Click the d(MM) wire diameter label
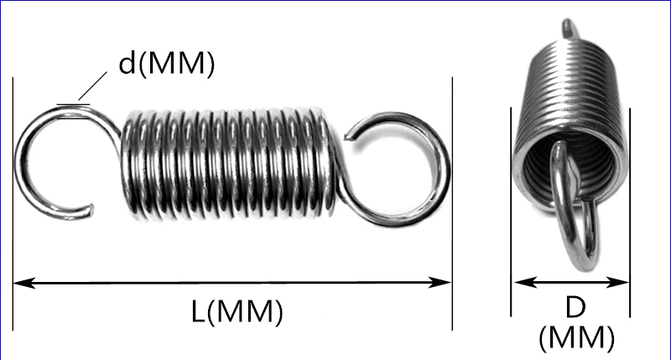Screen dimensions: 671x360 click(x=166, y=64)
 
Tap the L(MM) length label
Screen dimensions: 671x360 click(x=233, y=312)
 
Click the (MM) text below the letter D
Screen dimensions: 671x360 click(x=576, y=337)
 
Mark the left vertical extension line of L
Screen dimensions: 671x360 click(x=13, y=210)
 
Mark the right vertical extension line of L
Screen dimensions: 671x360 click(x=452, y=210)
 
